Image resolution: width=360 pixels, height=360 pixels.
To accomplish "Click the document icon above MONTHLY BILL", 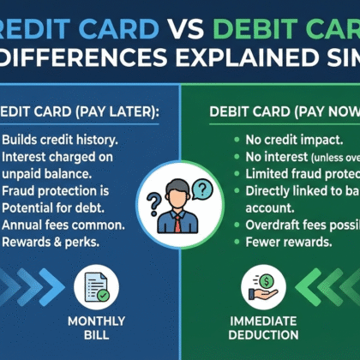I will (x=96, y=286).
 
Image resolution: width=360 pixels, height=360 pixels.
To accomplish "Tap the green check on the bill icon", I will (x=103, y=295).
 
